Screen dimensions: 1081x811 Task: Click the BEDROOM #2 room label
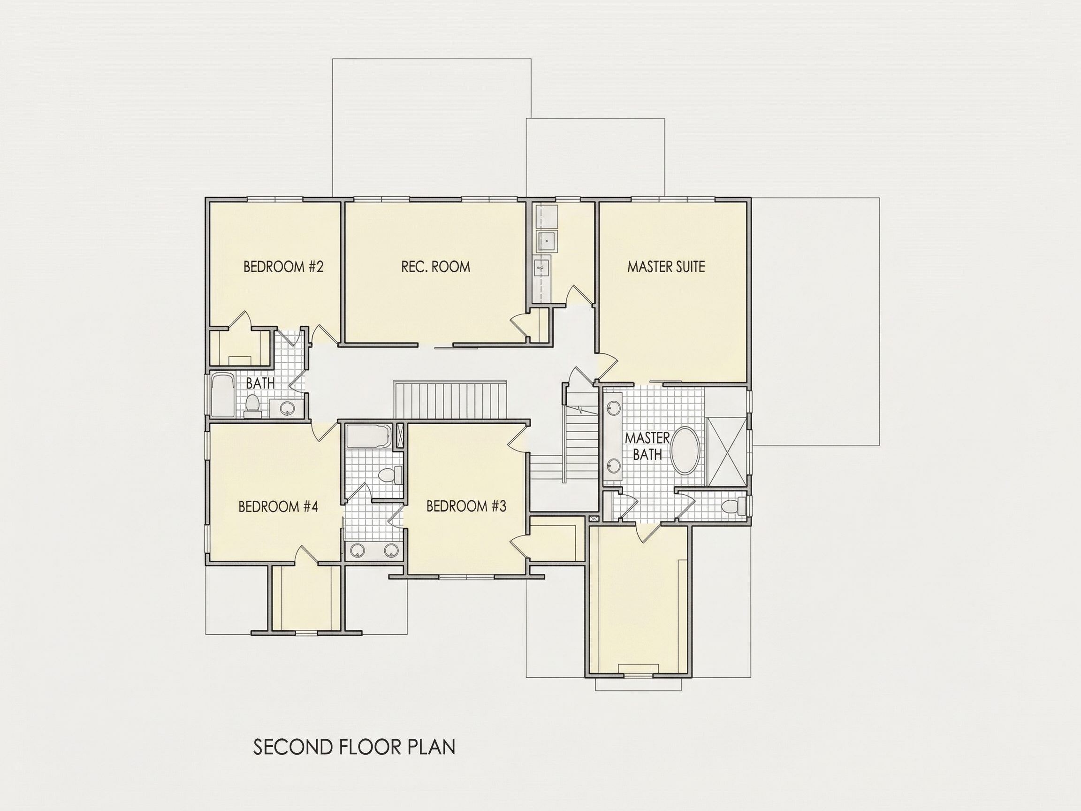point(283,267)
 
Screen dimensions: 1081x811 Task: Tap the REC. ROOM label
point(435,267)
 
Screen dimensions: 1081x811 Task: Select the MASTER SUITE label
point(666,267)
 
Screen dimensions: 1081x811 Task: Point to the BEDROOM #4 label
point(278,506)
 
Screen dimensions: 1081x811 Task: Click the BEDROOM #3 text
point(466,506)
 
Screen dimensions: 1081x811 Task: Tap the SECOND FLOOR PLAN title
point(354,747)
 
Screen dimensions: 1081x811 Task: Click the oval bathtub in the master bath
point(685,450)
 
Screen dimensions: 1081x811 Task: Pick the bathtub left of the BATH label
point(223,396)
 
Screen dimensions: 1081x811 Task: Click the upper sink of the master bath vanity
point(613,407)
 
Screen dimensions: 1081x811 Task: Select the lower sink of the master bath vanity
point(613,464)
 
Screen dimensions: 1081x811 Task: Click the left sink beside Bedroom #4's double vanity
point(358,551)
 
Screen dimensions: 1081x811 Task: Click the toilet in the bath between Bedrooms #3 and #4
point(390,474)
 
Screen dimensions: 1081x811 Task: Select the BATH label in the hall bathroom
point(260,383)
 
